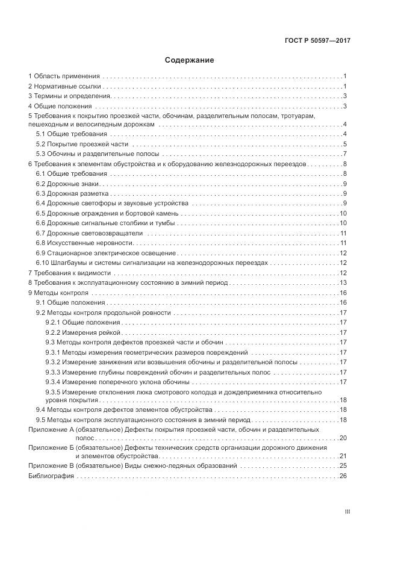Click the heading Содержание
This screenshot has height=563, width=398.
[189, 60]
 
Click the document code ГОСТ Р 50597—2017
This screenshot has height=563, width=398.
[317, 41]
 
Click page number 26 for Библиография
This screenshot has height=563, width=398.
[344, 476]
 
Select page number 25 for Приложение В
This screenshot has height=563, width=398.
[344, 466]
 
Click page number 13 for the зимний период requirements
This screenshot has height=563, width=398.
[344, 282]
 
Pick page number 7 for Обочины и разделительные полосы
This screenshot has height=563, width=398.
[345, 154]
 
